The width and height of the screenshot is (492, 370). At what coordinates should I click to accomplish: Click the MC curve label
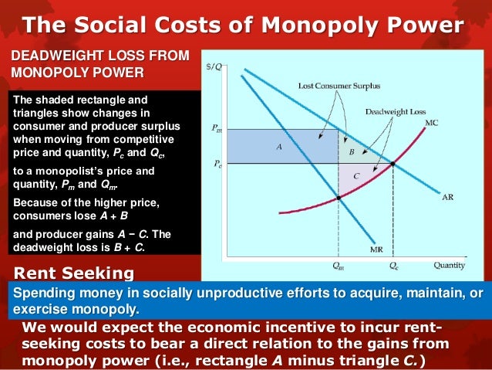point(431,122)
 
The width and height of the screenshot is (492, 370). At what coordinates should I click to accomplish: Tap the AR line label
point(447,197)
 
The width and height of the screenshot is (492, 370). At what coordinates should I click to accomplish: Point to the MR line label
point(376,249)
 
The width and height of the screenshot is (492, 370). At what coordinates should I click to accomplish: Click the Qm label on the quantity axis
point(339,266)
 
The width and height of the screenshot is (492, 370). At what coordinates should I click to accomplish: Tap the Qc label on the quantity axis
point(393,266)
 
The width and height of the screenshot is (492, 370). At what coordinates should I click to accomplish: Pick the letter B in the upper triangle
point(352,152)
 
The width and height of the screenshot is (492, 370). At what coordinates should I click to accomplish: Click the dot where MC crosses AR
point(393,164)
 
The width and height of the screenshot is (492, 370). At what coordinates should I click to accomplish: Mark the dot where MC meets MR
point(339,199)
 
